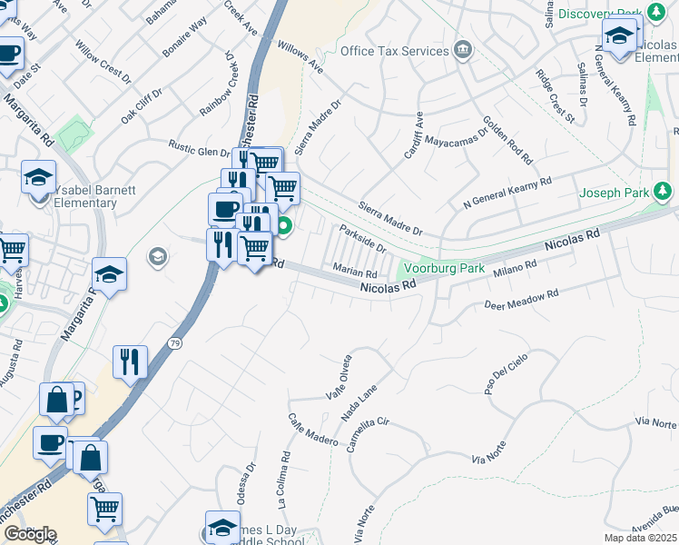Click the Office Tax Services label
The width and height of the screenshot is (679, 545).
[395, 51]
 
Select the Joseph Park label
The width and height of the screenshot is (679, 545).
[615, 193]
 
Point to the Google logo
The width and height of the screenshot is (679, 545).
[29, 534]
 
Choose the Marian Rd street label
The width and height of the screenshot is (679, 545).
[355, 272]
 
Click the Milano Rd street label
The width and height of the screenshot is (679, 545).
[515, 269]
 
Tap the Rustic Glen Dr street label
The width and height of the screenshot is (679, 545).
[202, 148]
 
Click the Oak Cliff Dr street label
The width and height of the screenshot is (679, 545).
[141, 106]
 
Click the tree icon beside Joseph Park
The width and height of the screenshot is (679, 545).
[664, 190]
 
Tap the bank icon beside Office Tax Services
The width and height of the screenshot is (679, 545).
[465, 48]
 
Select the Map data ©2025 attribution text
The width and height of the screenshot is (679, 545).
[640, 538]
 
